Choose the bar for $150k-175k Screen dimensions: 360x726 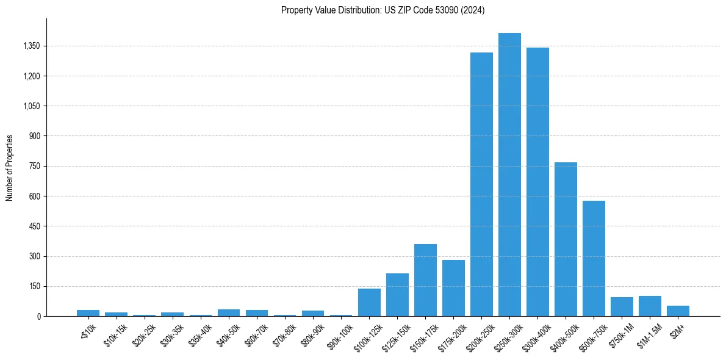(425, 280)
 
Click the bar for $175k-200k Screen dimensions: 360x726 (453, 288)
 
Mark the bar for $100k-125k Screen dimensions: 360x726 (369, 302)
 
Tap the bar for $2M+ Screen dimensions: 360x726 (678, 311)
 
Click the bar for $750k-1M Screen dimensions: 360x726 (622, 306)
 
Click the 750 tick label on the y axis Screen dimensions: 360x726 (34, 167)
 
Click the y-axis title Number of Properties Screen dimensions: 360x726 (10, 168)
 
